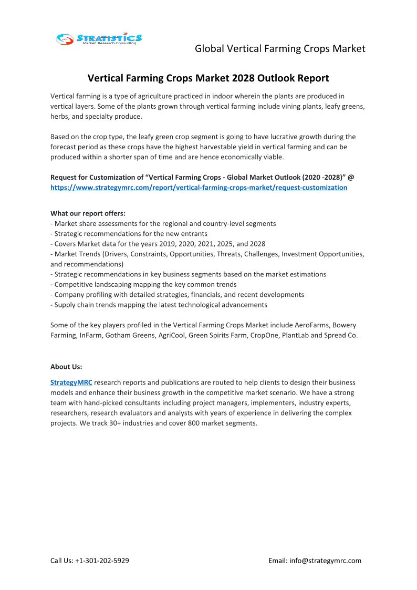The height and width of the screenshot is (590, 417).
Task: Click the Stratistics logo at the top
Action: coord(99,38)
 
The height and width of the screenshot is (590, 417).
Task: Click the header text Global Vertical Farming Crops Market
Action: coord(280,49)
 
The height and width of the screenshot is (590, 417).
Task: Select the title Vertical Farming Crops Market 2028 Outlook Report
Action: coord(208,78)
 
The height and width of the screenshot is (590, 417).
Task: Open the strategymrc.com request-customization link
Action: coord(199,187)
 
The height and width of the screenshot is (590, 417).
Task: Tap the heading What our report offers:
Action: coord(88,213)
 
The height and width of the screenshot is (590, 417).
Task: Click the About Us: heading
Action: coord(66,367)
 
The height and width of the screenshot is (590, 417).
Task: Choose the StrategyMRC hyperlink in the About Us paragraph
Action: coord(71,382)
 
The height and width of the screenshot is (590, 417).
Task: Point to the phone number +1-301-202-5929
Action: coord(102,561)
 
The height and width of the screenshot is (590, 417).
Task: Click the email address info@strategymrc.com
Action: coord(325,561)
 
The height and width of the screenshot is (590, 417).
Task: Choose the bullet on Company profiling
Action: coord(177,295)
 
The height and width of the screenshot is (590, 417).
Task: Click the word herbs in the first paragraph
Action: coord(59,117)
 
